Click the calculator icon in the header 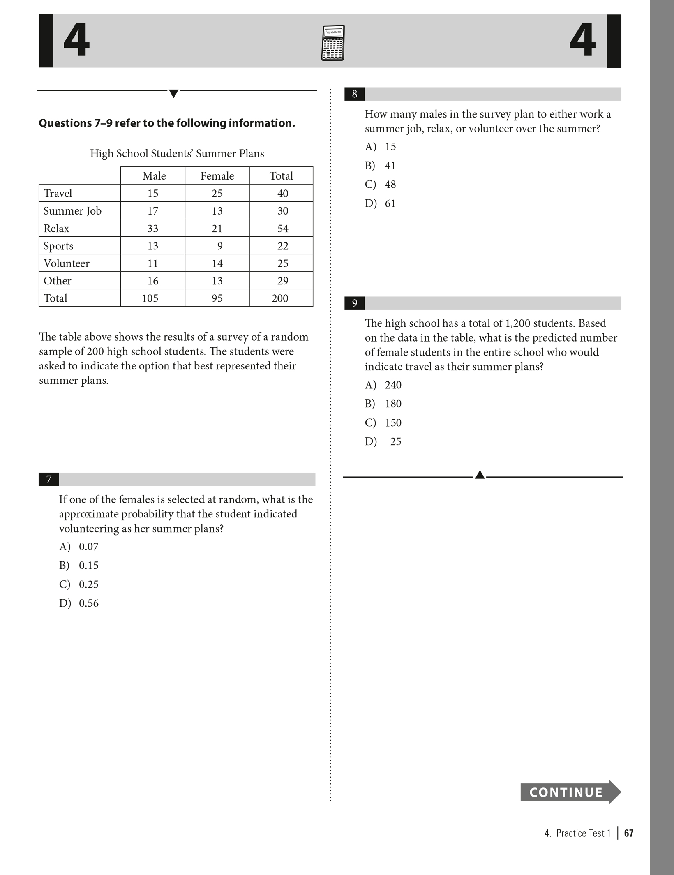(332, 43)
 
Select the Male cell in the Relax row (153, 229)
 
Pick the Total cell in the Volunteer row (282, 263)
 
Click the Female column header (217, 176)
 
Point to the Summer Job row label (72, 211)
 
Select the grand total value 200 (280, 298)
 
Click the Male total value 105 (150, 298)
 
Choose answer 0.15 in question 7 (88, 566)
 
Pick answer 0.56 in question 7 (88, 603)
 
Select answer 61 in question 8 (390, 203)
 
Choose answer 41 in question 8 (390, 166)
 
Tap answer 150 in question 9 (393, 422)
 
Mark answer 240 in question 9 (393, 385)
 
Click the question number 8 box (354, 94)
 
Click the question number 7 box (48, 479)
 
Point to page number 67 (628, 833)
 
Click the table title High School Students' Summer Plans (177, 154)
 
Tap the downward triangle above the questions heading (173, 94)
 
